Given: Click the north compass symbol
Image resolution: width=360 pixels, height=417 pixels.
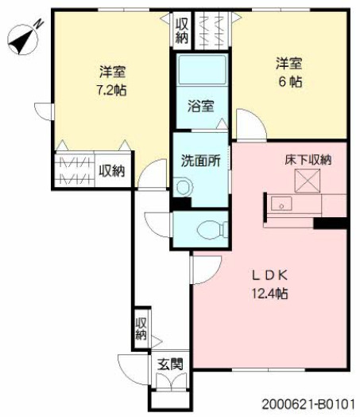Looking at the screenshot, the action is (x=23, y=38).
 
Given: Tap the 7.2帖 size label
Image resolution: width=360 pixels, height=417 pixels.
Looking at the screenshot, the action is (x=111, y=91).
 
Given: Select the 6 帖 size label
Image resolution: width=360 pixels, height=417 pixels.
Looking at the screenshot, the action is (x=290, y=82).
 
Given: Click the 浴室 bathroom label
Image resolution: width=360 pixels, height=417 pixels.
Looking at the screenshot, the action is (x=201, y=106).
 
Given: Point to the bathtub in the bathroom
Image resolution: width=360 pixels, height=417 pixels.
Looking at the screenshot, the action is (x=203, y=70).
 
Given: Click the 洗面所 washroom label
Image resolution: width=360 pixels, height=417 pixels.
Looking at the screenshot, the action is (x=201, y=161).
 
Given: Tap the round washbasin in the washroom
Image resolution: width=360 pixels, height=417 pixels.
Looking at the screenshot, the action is (x=184, y=187).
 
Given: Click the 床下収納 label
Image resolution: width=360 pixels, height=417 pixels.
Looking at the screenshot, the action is (x=308, y=160).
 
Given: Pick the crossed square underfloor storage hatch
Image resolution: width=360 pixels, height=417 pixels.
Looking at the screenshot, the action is (x=308, y=181).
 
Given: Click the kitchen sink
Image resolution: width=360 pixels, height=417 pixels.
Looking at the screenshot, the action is (x=281, y=204).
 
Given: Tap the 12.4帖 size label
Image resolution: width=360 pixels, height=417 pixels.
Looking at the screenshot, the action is (x=269, y=294).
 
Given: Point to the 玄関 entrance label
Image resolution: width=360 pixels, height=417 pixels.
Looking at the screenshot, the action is (x=170, y=364).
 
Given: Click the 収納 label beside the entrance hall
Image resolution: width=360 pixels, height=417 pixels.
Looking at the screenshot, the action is (x=141, y=329).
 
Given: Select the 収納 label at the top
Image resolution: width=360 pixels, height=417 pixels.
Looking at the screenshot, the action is (x=182, y=31).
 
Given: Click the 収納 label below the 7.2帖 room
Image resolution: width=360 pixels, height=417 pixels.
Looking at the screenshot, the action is (x=112, y=171).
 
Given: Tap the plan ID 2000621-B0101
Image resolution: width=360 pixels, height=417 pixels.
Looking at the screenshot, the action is (x=308, y=404).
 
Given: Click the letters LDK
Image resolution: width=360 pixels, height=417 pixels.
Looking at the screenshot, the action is (x=269, y=276).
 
